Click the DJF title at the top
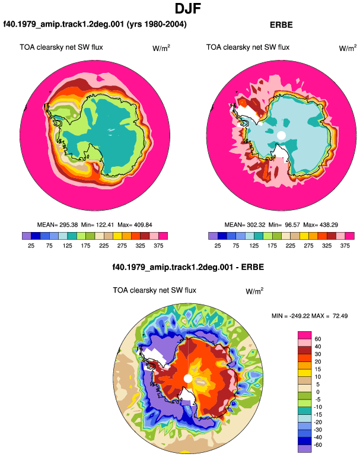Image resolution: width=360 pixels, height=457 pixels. (x=188, y=8)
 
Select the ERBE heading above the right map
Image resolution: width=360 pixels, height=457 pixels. (x=281, y=25)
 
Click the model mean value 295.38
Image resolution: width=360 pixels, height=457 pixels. (x=69, y=225)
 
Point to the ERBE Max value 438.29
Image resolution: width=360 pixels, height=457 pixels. (x=328, y=225)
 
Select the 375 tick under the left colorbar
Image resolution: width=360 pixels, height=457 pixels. (x=158, y=246)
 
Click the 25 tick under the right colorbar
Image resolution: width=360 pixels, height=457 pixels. (x=218, y=246)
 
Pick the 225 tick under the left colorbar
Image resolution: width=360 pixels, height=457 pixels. (x=104, y=246)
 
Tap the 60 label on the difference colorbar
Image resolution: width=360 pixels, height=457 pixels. (x=318, y=339)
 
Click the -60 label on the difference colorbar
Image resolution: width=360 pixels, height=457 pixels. (x=317, y=445)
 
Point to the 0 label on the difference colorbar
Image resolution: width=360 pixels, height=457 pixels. (x=318, y=392)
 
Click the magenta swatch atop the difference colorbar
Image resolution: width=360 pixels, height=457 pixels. (x=305, y=335)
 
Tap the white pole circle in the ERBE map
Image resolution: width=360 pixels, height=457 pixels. (x=281, y=135)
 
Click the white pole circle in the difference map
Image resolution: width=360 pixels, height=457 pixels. (x=188, y=379)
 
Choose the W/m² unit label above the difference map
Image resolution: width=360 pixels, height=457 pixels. (x=254, y=291)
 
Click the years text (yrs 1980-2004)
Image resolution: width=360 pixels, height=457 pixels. (x=157, y=24)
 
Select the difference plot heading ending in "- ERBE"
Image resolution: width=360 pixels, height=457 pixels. (x=188, y=267)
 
